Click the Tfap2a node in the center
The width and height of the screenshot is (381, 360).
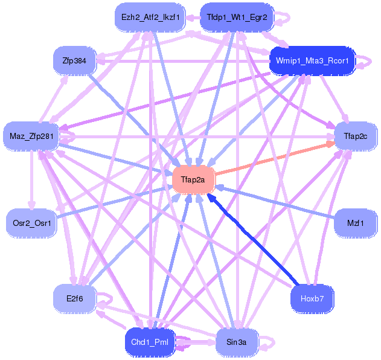(193, 180)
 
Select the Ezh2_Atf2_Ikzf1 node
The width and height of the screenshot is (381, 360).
(150, 18)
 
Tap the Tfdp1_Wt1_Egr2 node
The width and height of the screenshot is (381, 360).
(237, 18)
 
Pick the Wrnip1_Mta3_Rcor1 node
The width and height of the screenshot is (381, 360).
(312, 60)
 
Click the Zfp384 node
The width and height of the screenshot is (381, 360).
(74, 60)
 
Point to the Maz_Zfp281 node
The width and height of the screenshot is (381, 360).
(31, 136)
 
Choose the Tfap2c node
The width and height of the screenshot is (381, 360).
(356, 136)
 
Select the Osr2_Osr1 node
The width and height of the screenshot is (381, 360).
(31, 223)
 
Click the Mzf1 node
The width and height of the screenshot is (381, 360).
(356, 223)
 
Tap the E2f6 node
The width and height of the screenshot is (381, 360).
(74, 298)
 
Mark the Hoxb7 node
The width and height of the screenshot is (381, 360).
(312, 298)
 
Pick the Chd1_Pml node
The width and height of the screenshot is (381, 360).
(150, 342)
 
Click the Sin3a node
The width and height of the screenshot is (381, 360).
(237, 342)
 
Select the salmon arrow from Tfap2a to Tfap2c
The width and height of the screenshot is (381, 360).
(275, 159)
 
